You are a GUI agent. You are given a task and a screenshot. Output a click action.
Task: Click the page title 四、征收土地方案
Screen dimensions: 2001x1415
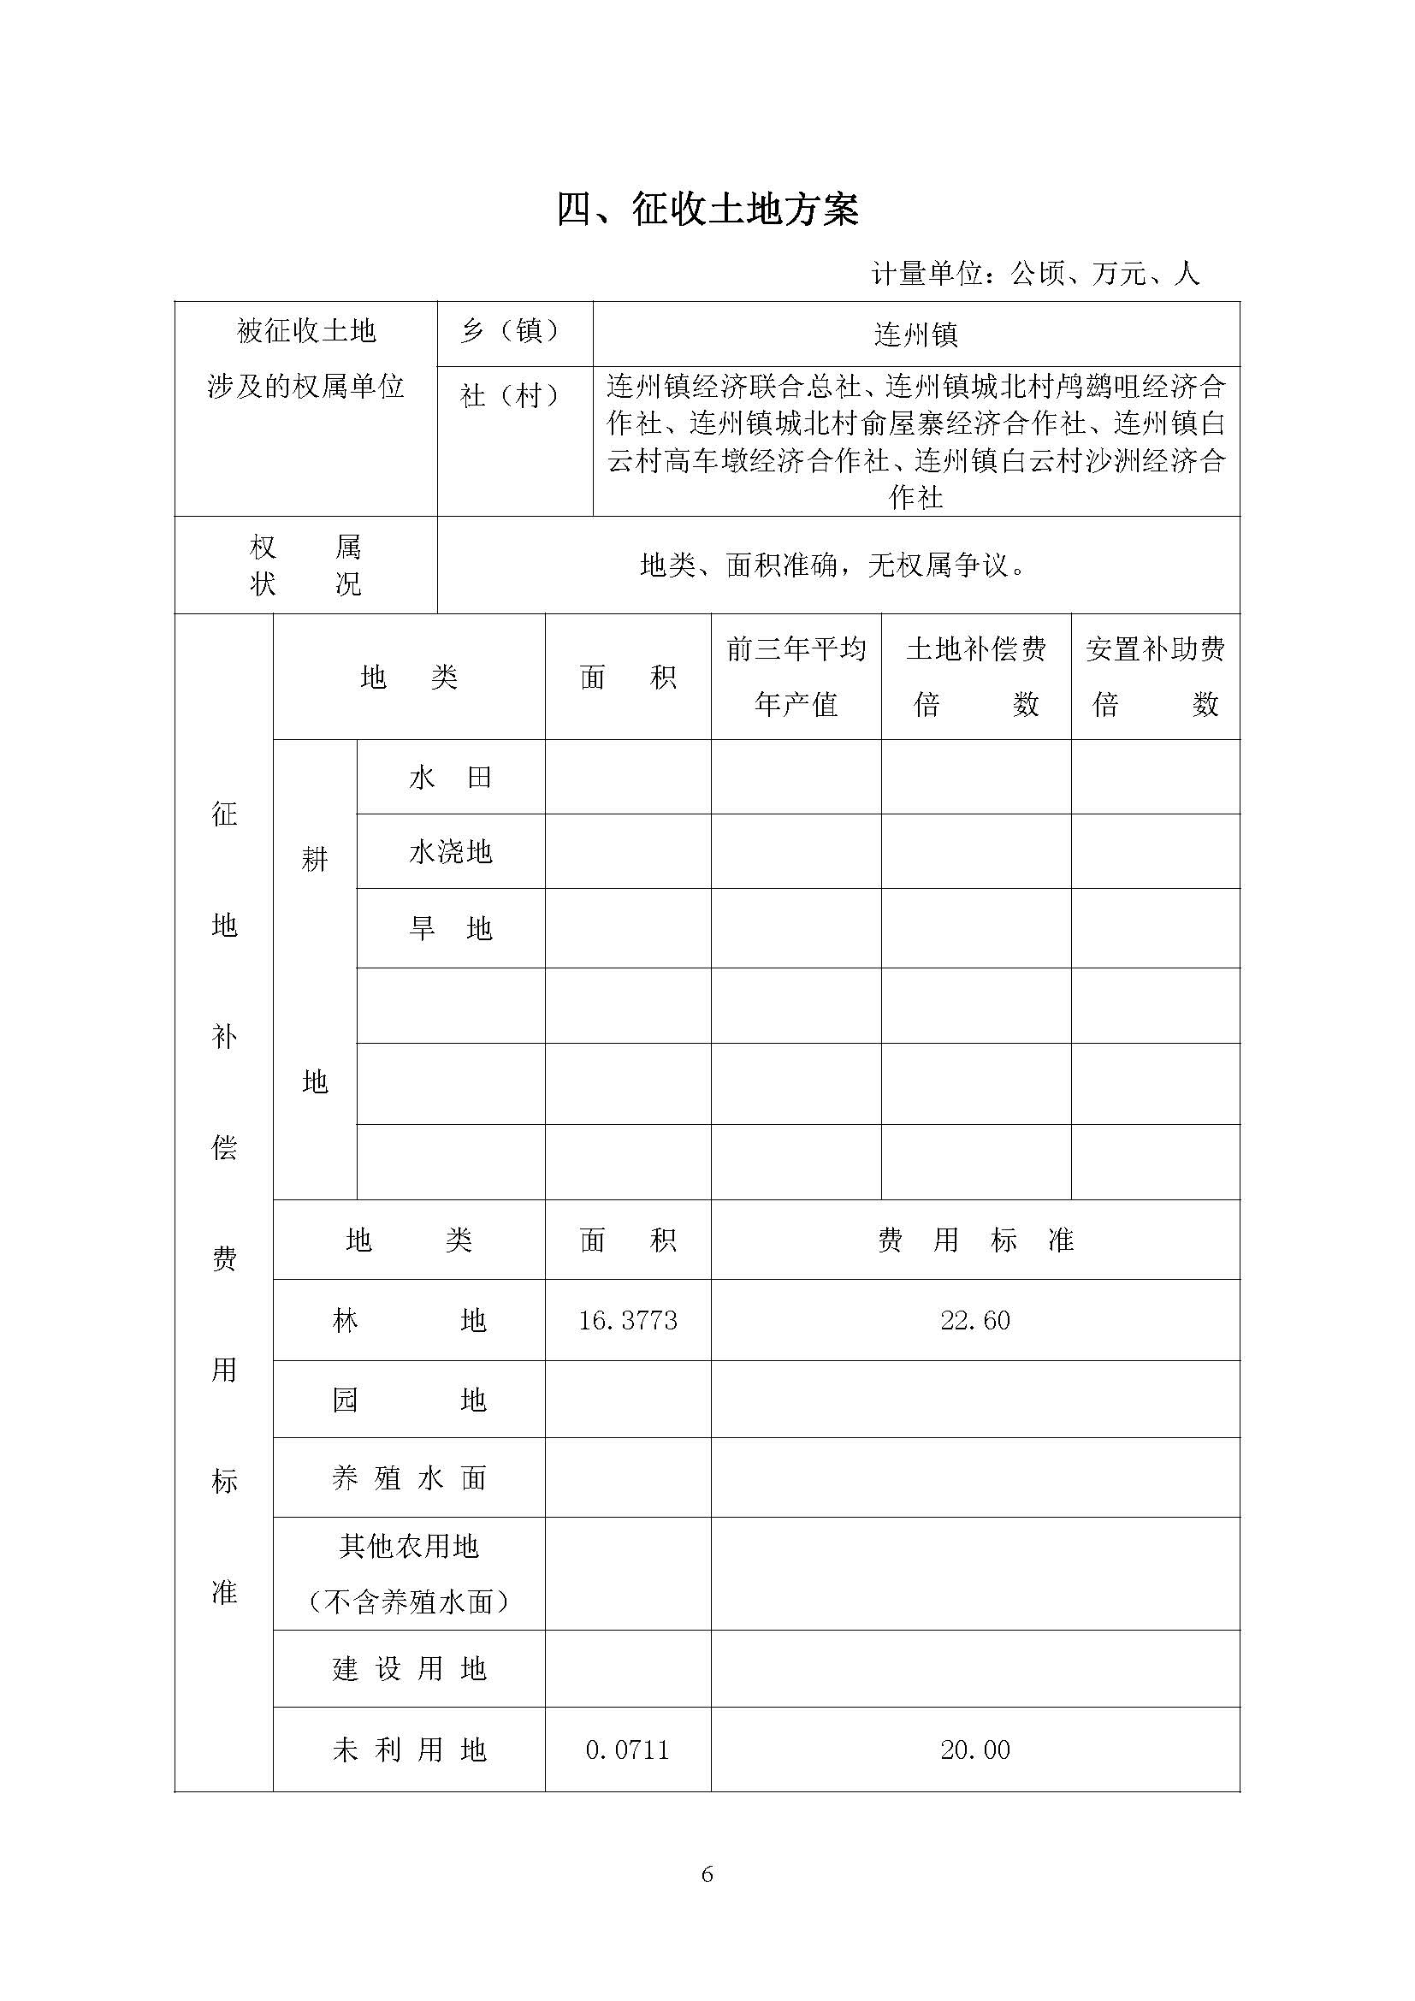tap(707, 210)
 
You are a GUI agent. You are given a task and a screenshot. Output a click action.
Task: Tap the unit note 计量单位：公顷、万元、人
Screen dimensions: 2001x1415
tap(1035, 274)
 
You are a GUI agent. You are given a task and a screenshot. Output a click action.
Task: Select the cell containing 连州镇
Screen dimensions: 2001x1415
tap(915, 334)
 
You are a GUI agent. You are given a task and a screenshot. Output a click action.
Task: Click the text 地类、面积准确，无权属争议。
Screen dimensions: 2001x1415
tap(833, 565)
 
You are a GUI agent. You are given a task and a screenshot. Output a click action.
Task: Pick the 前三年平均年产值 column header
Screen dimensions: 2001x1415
tap(796, 677)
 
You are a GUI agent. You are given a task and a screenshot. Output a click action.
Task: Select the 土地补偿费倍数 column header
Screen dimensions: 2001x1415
tap(976, 677)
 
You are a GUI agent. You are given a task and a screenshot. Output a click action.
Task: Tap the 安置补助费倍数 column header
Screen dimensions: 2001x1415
tap(1155, 677)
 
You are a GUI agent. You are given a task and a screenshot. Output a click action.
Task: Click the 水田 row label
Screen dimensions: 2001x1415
tap(451, 778)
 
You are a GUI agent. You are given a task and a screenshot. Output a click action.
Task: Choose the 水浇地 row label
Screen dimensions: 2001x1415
tap(451, 851)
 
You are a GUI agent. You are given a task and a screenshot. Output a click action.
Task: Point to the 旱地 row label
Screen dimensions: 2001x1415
tap(451, 929)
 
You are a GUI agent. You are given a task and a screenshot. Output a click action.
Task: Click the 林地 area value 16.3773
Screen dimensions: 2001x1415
tap(627, 1320)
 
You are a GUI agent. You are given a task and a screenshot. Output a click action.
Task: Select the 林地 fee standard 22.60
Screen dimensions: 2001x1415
tap(975, 1320)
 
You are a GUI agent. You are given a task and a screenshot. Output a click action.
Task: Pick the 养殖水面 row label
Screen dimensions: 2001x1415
tap(409, 1478)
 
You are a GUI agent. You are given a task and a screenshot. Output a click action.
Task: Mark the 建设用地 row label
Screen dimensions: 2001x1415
tap(409, 1669)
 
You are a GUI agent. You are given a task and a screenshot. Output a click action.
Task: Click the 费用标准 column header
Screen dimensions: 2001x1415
tap(975, 1240)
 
